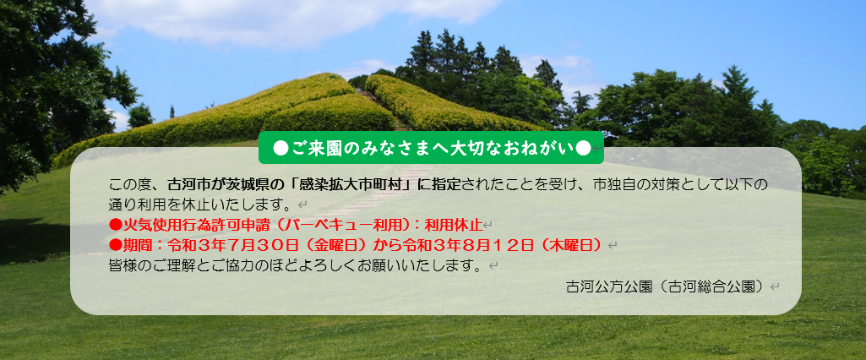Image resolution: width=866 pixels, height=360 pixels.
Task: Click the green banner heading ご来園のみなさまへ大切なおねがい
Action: coord(432,148)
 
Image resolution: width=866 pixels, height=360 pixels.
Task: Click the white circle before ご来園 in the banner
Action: coord(280,148)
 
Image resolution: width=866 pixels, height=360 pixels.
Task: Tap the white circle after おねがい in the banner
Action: coord(583,148)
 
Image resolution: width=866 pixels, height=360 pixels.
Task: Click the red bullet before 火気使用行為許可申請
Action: coord(116,225)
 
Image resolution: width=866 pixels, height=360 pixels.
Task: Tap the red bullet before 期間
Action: coord(116,244)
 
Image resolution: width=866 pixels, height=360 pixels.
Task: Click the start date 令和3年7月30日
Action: coord(233,244)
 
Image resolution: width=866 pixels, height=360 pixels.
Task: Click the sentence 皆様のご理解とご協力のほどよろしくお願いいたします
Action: coord(298,265)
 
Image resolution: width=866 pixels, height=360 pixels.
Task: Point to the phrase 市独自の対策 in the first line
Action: coord(631,184)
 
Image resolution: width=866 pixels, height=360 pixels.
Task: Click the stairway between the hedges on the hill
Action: coord(387,111)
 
